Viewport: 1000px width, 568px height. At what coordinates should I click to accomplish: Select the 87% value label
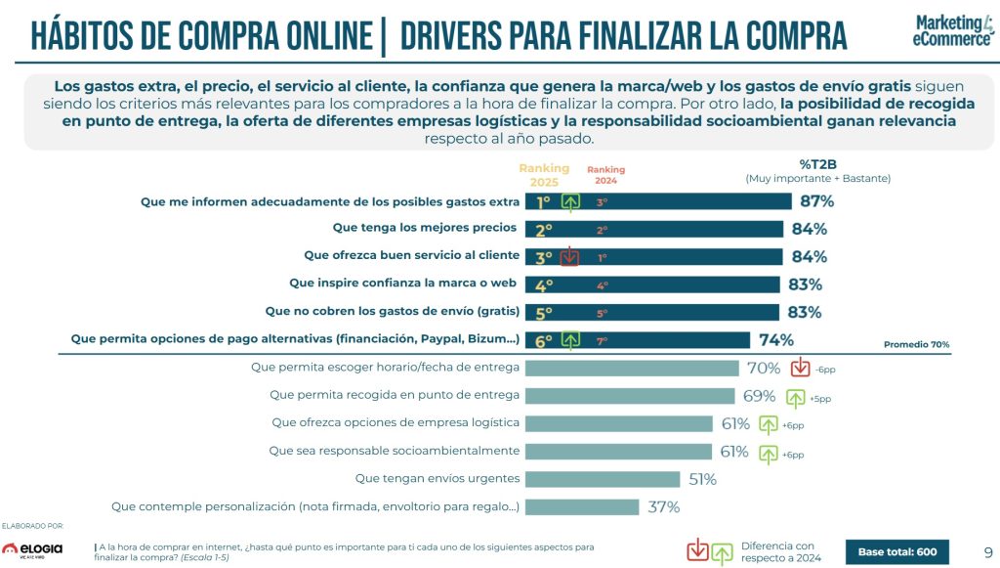coord(816,201)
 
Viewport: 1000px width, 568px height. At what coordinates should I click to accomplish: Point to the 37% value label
coord(663,507)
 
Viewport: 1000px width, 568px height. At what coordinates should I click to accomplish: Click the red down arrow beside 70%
coord(801,369)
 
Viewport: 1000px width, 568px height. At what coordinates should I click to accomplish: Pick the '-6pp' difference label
coord(826,370)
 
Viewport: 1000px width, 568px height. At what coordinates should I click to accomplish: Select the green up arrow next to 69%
coord(795,398)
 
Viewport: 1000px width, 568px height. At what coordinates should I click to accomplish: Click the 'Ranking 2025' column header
coord(543,176)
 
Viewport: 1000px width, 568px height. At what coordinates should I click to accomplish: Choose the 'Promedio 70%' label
coord(916,345)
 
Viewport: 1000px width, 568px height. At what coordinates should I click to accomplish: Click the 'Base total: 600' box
coord(896,552)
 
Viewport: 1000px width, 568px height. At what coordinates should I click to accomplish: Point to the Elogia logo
coord(31,549)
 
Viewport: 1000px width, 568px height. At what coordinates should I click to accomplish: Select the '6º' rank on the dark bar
coord(544,341)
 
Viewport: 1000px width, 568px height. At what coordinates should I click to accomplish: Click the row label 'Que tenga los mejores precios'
coord(426,229)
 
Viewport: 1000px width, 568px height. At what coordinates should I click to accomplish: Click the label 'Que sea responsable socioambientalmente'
coord(394,451)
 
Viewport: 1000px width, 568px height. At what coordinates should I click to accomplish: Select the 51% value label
coord(702,479)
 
